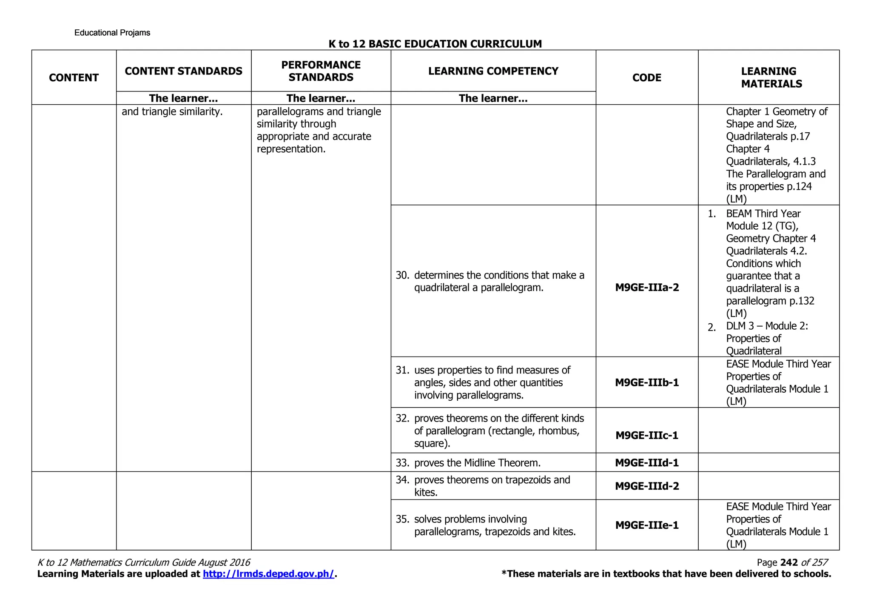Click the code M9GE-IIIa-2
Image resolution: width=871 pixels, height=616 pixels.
(647, 288)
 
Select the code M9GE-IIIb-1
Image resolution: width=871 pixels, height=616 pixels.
(647, 382)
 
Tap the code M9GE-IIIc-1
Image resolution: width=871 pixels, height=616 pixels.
(647, 435)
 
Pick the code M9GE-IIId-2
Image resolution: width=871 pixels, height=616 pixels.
(647, 486)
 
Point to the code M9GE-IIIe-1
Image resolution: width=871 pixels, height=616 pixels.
(647, 525)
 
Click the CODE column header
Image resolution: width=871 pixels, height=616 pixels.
(647, 77)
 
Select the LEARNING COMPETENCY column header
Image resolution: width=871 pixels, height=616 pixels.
(493, 71)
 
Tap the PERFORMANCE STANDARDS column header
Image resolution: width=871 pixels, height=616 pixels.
(321, 71)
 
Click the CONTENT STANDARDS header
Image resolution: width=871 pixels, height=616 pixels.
(183, 71)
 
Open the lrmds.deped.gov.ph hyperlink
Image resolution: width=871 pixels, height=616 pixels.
(268, 574)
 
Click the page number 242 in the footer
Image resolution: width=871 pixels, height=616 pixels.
(789, 562)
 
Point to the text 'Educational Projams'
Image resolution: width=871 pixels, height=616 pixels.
(112, 33)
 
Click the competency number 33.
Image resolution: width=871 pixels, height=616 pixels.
(402, 462)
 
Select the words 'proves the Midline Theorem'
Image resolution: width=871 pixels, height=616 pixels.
(477, 462)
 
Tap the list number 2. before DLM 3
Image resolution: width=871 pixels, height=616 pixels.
(712, 328)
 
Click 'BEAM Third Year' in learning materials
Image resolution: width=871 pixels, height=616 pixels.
(763, 214)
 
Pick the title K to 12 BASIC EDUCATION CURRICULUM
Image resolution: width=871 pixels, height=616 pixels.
(435, 44)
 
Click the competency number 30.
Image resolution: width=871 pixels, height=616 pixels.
(402, 275)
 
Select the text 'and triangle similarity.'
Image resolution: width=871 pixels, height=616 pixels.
(172, 112)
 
